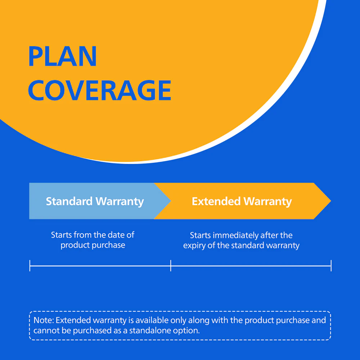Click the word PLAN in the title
pyautogui.click(x=62, y=56)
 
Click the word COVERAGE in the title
pyautogui.click(x=100, y=90)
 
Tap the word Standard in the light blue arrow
pyautogui.click(x=69, y=201)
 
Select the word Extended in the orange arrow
pyautogui.click(x=216, y=201)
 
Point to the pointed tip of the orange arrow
pyautogui.click(x=331, y=201)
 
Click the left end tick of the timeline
pyautogui.click(x=30, y=266)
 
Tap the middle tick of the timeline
pyautogui.click(x=171, y=266)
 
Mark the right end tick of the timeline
pyautogui.click(x=331, y=266)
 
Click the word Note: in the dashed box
pyautogui.click(x=44, y=320)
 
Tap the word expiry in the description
pyautogui.click(x=194, y=246)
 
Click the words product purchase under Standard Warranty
pyautogui.click(x=93, y=245)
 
